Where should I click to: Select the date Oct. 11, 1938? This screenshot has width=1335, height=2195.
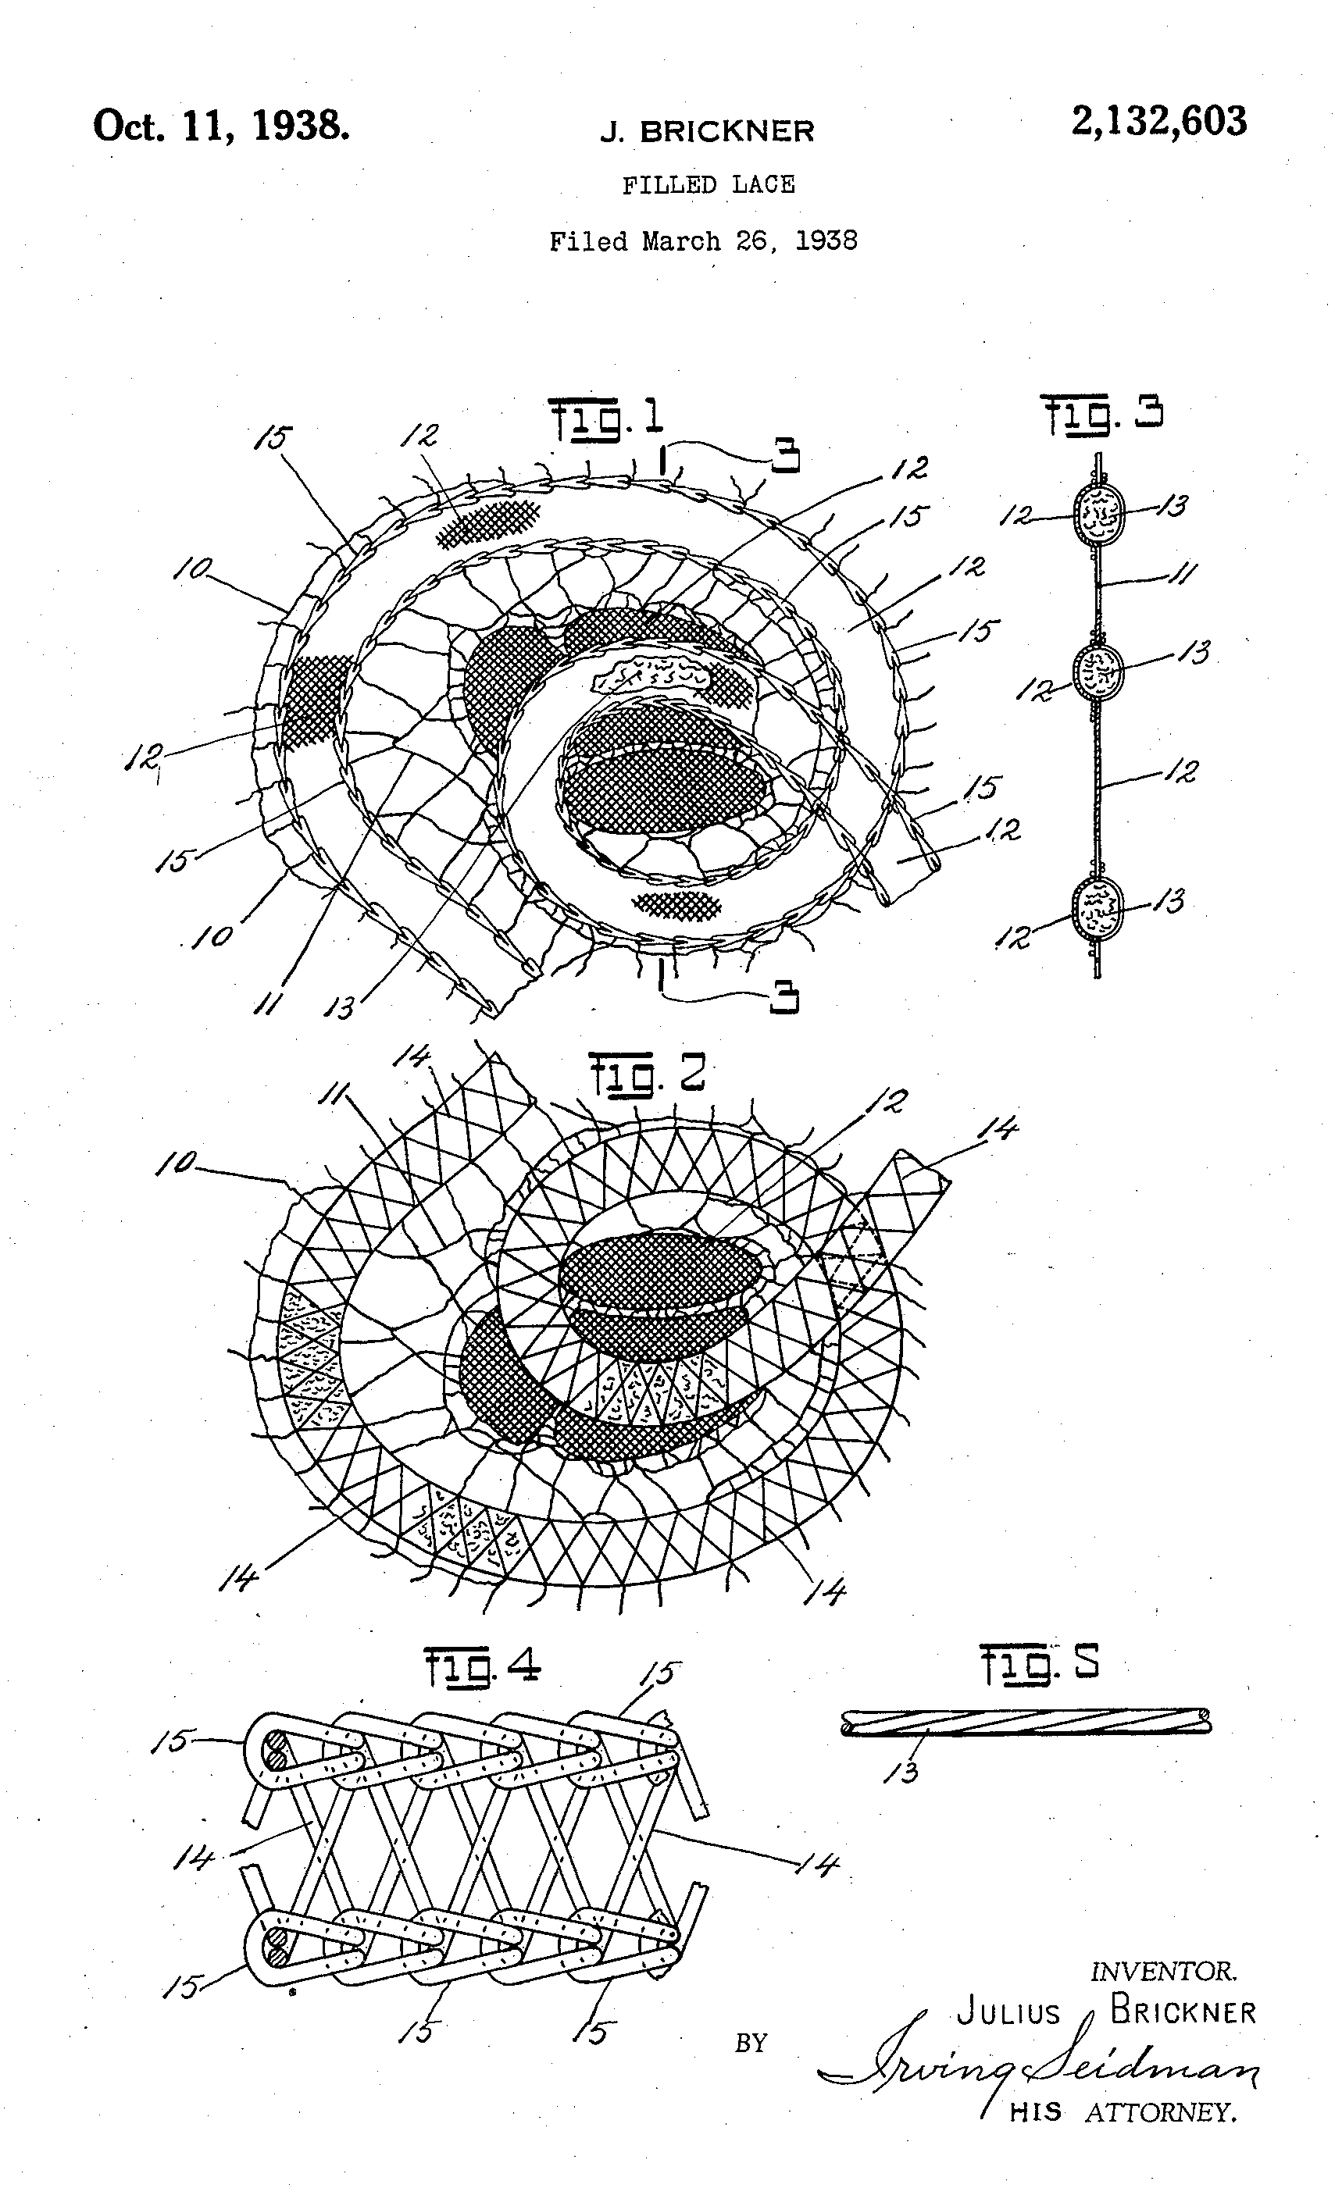tap(221, 126)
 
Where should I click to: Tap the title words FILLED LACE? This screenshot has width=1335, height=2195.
tap(708, 184)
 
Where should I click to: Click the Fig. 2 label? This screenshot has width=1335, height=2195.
tap(646, 1074)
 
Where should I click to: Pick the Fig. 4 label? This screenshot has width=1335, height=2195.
tap(482, 1665)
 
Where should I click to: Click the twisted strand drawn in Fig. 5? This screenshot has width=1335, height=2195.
tap(1026, 1721)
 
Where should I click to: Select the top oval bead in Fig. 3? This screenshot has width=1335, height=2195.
tap(1100, 515)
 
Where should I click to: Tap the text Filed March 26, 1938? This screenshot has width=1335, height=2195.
tap(703, 241)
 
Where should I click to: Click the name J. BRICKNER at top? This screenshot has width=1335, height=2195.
tap(707, 132)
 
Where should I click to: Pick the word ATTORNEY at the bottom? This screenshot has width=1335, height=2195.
tap(1160, 2105)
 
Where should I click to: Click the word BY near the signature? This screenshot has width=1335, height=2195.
tap(751, 2043)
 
